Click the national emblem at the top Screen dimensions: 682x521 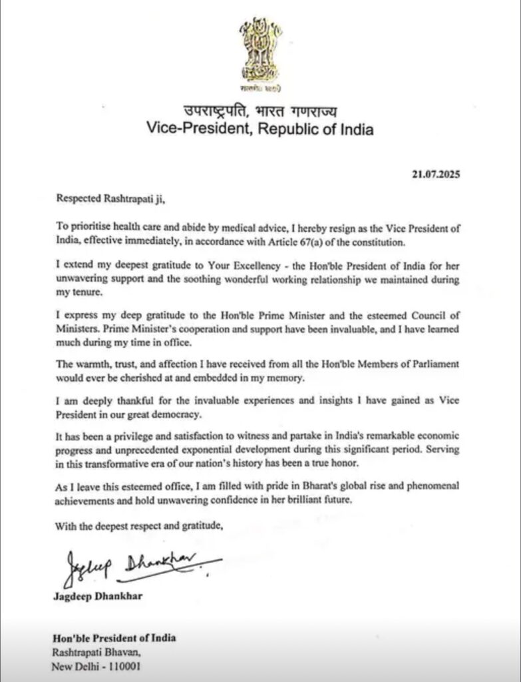(260, 53)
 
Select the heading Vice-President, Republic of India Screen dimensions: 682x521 (260, 129)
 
